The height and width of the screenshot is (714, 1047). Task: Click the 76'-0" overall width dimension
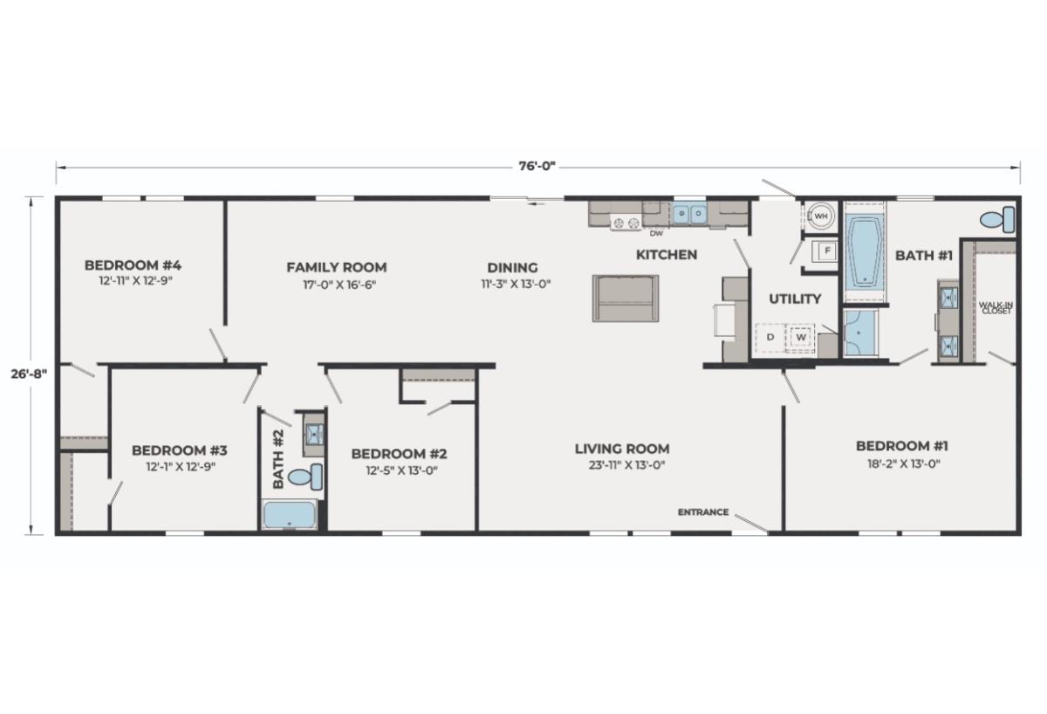(x=537, y=166)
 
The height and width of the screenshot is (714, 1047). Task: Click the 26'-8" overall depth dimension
(x=29, y=374)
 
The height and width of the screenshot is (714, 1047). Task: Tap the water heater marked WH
(x=821, y=216)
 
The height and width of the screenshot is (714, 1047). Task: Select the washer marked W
(x=801, y=337)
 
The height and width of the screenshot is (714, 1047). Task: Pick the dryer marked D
(x=770, y=337)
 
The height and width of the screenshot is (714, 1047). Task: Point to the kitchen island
(x=626, y=299)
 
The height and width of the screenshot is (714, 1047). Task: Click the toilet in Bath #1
(x=997, y=219)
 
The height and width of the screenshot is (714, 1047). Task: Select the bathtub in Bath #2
(x=290, y=515)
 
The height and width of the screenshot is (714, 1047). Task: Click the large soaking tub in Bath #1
(x=865, y=251)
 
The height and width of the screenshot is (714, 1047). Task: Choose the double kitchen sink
(x=689, y=214)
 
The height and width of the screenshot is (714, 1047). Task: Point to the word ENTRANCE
(x=703, y=512)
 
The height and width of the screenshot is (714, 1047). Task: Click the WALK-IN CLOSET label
(x=996, y=307)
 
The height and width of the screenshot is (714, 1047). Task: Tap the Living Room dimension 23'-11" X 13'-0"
(x=626, y=464)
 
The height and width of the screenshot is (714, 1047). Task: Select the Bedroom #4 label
(x=133, y=265)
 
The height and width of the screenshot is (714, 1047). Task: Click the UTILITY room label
(x=795, y=299)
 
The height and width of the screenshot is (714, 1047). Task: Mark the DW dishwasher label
(x=656, y=233)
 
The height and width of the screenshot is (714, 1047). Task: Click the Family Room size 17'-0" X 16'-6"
(x=339, y=285)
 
